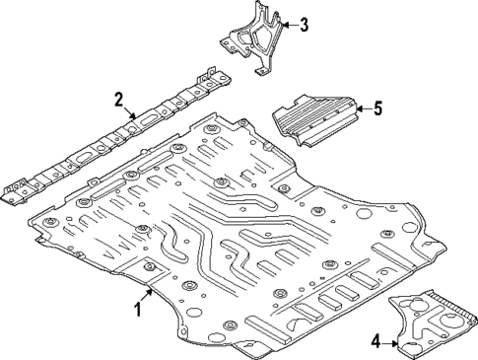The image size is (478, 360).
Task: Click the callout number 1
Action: tap(137, 310)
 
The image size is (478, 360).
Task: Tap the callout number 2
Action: tap(118, 99)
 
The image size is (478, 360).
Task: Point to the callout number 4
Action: tap(375, 341)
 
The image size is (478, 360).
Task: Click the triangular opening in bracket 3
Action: tap(261, 39)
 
